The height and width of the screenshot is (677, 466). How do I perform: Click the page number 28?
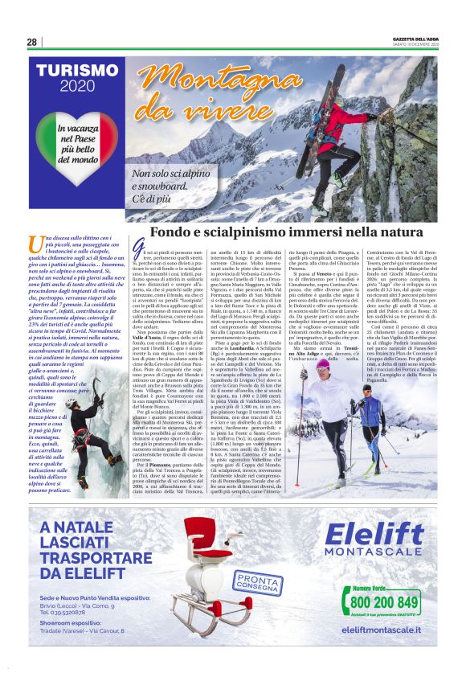[31, 42]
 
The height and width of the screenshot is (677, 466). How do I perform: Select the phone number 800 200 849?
[385, 601]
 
